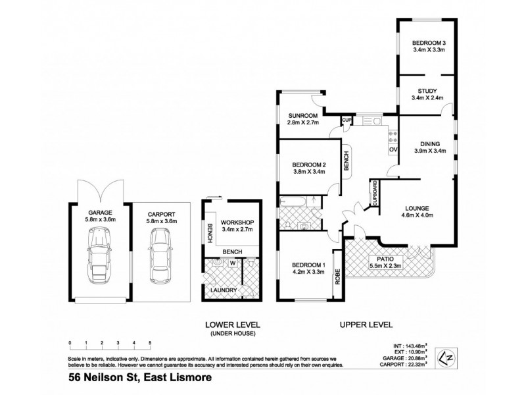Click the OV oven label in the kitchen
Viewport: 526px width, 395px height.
point(393,150)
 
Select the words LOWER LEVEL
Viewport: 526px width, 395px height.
point(232,325)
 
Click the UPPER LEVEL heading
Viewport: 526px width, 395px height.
point(366,325)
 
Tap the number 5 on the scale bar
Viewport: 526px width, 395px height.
point(150,343)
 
